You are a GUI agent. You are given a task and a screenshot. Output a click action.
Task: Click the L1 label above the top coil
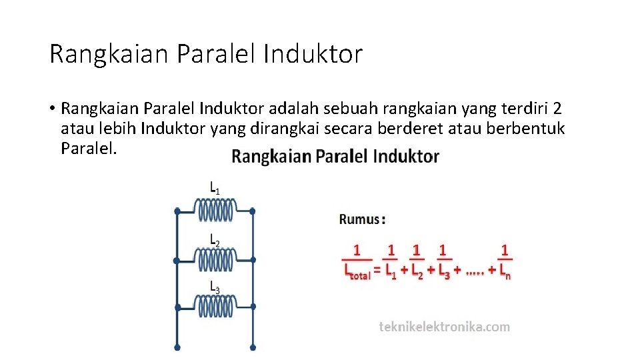[215, 189]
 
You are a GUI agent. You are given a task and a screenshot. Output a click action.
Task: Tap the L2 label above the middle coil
[215, 239]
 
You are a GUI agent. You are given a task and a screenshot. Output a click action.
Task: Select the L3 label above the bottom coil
[215, 287]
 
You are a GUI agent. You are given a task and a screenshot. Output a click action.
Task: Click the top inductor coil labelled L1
[215, 211]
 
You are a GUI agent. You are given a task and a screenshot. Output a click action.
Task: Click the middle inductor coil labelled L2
[215, 259]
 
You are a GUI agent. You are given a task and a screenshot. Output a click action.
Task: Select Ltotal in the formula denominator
[357, 271]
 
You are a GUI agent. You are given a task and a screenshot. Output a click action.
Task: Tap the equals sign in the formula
[377, 270]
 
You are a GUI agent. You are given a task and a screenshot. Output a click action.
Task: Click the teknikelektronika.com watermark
[444, 327]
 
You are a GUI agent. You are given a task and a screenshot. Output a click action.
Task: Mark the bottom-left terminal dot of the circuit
[177, 347]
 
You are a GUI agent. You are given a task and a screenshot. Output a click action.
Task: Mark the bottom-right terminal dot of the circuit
[253, 347]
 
